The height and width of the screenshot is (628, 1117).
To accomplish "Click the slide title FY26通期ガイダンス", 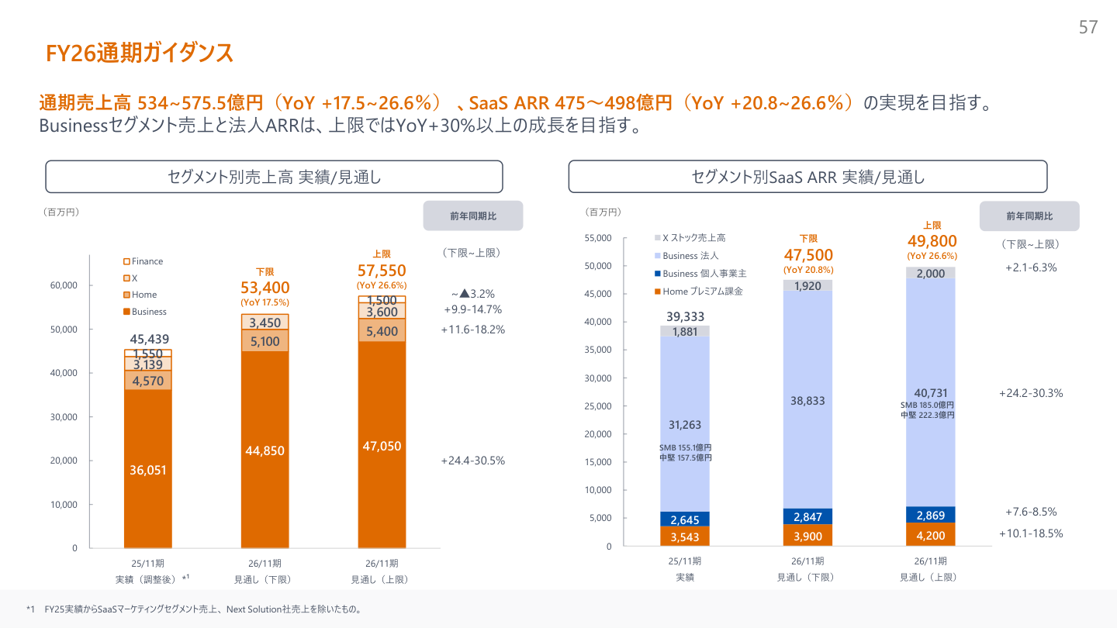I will (x=140, y=53).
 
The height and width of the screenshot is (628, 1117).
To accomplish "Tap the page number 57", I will (x=1088, y=28).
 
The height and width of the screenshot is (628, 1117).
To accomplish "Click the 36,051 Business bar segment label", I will (x=147, y=470).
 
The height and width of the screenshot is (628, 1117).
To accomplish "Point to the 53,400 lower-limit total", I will (x=265, y=288).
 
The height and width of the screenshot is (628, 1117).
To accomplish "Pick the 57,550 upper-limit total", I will (x=382, y=271).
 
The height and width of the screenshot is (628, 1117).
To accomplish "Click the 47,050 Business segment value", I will (x=382, y=446).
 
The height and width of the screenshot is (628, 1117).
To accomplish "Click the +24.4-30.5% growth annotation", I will (x=472, y=461).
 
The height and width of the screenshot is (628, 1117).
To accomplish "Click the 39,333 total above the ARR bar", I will (x=685, y=316).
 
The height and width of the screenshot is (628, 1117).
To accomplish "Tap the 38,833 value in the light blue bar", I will (x=807, y=401).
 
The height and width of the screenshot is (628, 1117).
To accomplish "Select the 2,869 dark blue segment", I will (x=930, y=516).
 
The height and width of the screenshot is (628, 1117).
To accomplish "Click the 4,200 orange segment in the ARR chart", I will (x=930, y=535).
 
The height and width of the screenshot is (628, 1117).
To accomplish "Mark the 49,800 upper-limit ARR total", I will (x=932, y=241).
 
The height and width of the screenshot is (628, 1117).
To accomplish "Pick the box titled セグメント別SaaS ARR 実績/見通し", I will (x=807, y=177).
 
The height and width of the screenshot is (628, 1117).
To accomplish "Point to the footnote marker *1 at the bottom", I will (x=31, y=609).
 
